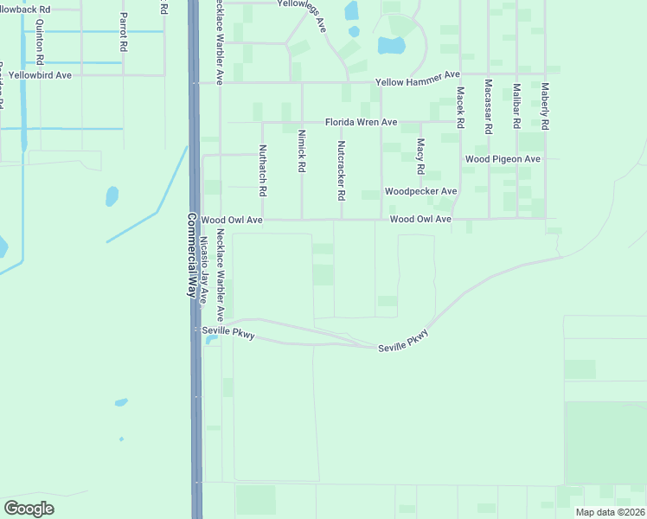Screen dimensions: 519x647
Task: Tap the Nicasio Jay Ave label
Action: [x=205, y=269]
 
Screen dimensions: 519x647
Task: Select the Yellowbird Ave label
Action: [x=41, y=75]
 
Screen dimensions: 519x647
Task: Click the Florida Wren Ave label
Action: [x=361, y=122]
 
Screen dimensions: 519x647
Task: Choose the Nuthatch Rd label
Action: [x=263, y=168]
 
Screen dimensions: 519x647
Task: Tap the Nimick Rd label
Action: [x=302, y=150]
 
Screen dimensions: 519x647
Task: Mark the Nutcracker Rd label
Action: [x=342, y=170]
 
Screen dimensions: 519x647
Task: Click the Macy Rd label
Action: [x=420, y=156]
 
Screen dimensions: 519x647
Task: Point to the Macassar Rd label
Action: [x=489, y=106]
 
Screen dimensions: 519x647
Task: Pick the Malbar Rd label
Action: [x=516, y=106]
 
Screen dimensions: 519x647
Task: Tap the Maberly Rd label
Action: [x=545, y=106]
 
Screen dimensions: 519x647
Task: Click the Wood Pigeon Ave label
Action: [x=503, y=159]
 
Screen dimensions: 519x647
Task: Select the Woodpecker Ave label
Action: [x=420, y=191]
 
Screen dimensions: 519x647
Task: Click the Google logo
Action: [x=29, y=509]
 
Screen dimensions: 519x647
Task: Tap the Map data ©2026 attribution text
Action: [x=609, y=512]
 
